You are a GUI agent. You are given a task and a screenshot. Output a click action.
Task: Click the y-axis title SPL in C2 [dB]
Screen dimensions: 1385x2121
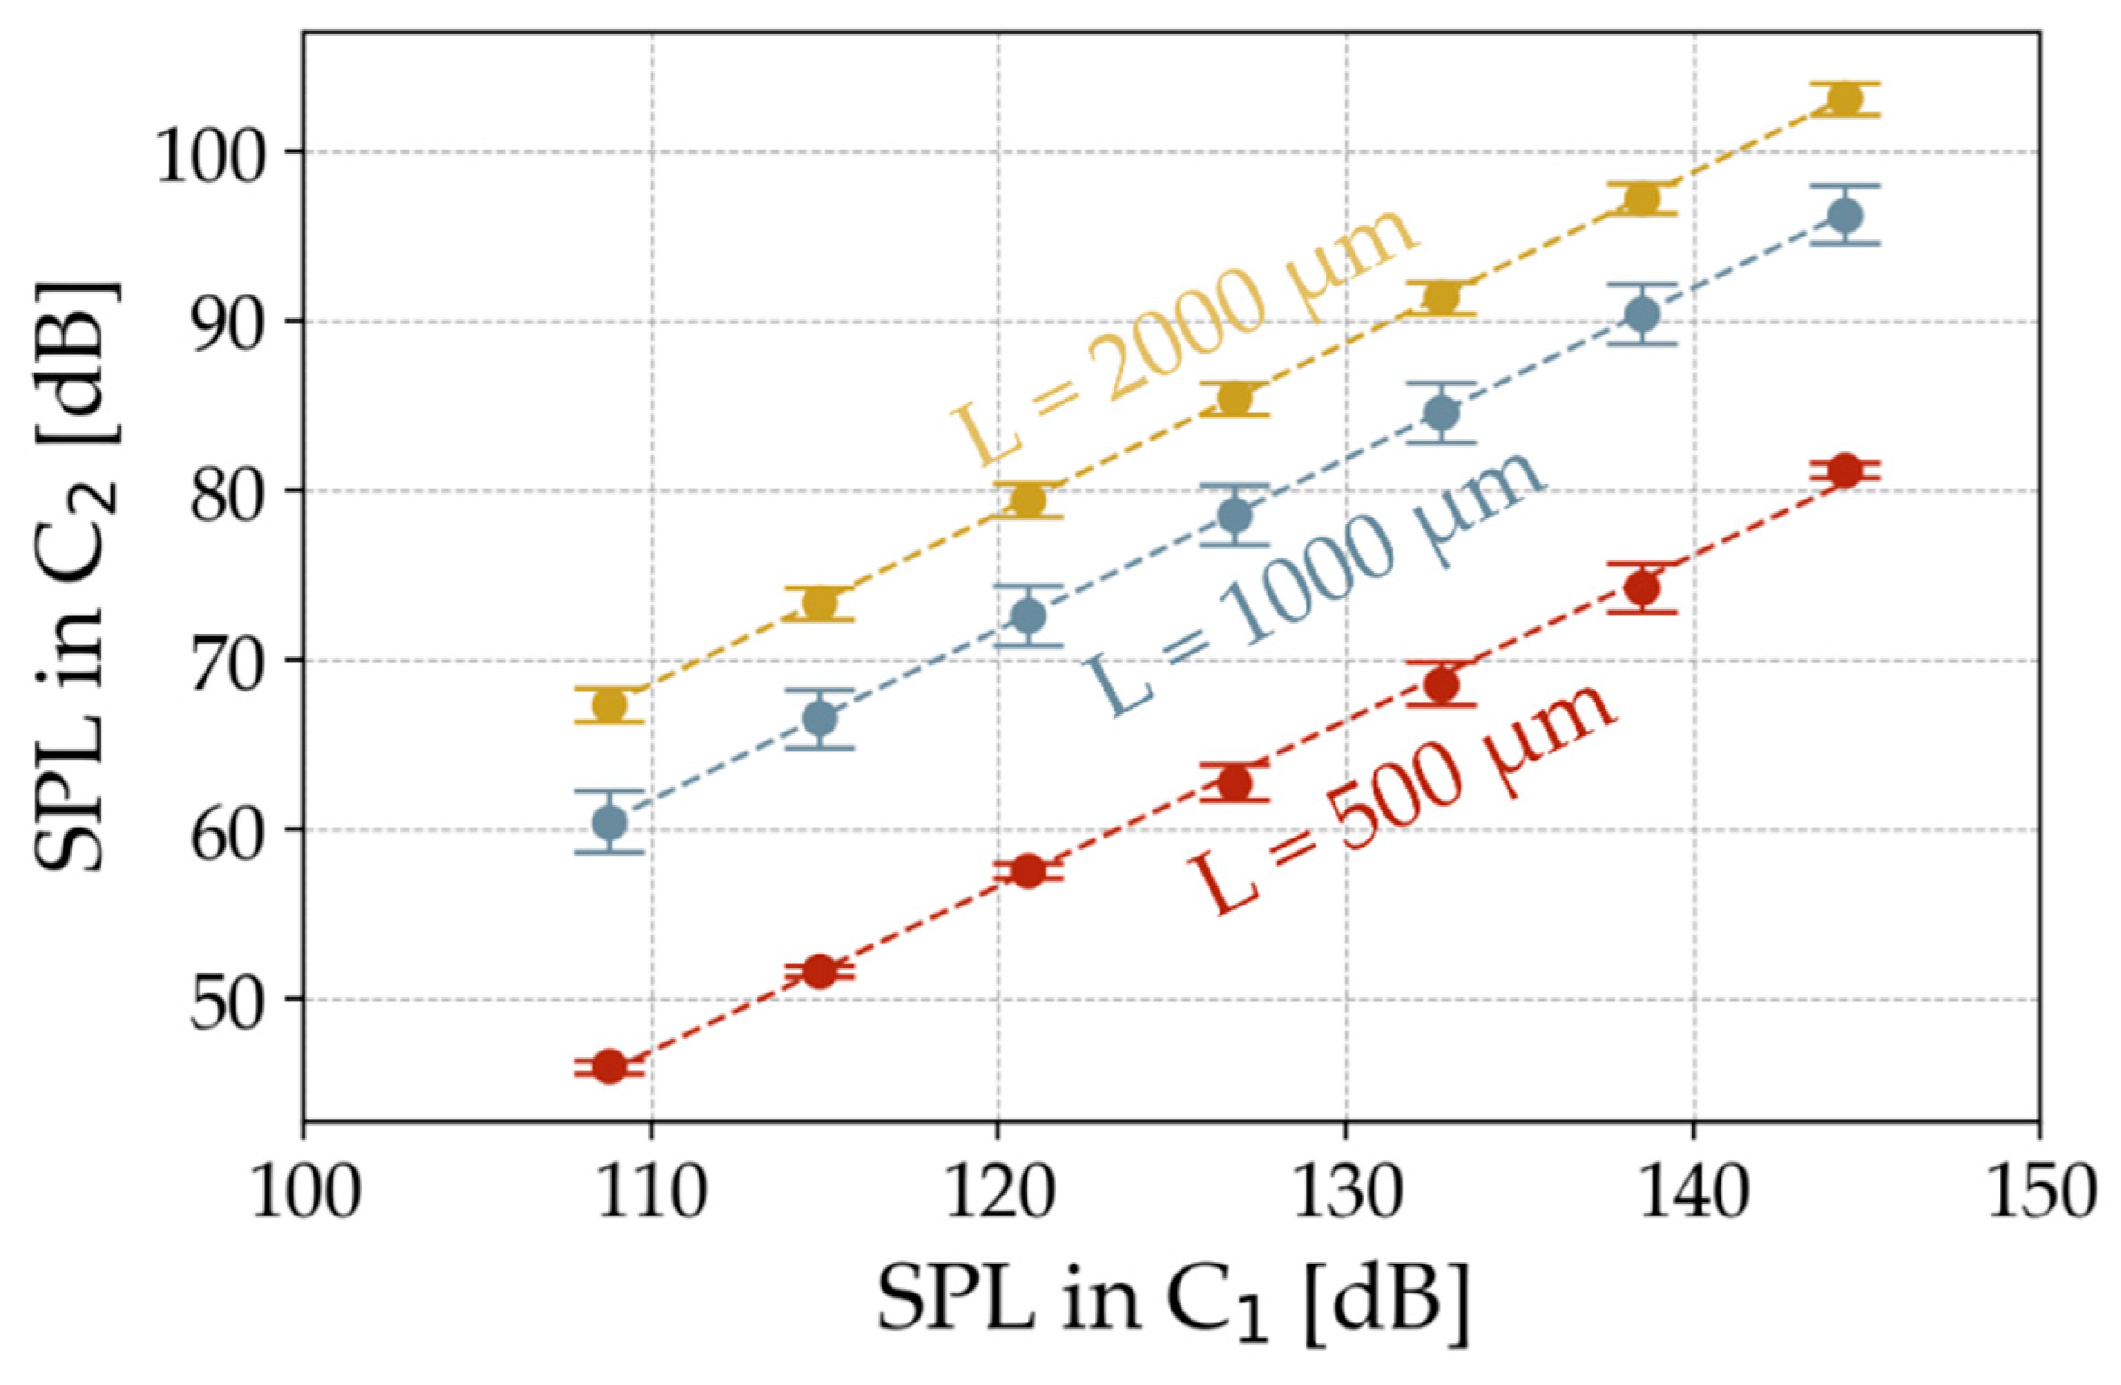click(x=77, y=576)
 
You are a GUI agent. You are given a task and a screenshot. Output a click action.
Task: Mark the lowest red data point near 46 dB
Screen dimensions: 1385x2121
click(x=610, y=1067)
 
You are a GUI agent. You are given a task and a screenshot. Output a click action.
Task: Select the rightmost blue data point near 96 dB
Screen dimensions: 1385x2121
click(x=1845, y=216)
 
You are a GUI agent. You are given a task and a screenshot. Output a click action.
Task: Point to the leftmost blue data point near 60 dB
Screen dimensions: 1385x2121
click(x=609, y=822)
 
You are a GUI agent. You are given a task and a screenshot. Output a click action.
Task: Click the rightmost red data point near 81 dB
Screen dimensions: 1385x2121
click(x=1845, y=470)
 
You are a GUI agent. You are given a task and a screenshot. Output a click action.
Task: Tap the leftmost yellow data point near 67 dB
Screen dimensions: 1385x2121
click(x=610, y=704)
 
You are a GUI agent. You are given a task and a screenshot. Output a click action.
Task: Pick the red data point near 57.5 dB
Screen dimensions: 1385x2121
click(x=1027, y=871)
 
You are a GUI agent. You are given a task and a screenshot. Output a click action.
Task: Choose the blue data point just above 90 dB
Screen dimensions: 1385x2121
click(x=1642, y=315)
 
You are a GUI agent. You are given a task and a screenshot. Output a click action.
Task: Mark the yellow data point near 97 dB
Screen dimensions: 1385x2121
click(x=1642, y=198)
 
